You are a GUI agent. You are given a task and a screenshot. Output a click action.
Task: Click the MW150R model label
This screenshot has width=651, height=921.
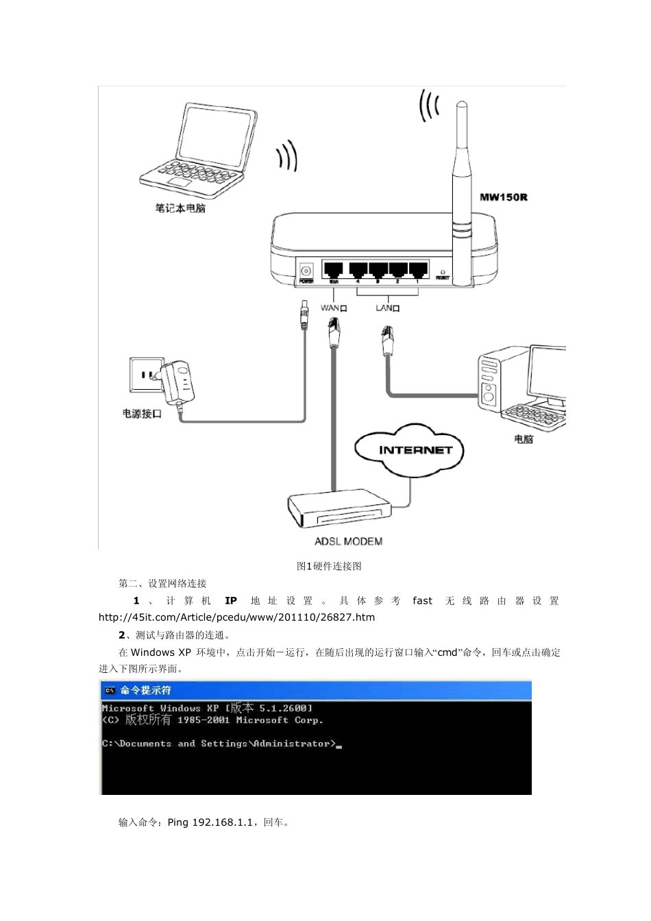[503, 198]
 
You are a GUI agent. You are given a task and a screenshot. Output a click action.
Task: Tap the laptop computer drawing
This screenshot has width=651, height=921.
[198, 150]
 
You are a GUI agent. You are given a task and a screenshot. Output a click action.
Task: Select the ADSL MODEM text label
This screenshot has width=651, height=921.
[348, 541]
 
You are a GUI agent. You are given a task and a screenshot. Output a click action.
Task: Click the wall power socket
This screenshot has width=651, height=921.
[145, 375]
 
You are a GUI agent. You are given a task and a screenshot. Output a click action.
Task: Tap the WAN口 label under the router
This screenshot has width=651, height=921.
[334, 308]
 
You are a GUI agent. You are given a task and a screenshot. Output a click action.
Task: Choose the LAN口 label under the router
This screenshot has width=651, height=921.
[388, 308]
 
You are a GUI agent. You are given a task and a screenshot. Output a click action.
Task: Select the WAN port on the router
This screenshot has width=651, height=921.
[334, 269]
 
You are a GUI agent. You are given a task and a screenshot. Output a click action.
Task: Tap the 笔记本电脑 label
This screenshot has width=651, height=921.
[180, 208]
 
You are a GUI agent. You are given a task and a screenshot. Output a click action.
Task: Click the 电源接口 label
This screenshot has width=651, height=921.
[142, 414]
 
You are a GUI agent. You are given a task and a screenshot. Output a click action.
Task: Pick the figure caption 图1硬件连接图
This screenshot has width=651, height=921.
[329, 566]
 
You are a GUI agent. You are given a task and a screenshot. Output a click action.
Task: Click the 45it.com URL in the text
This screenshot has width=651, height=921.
[237, 617]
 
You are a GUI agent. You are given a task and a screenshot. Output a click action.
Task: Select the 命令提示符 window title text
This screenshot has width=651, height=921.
[146, 691]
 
